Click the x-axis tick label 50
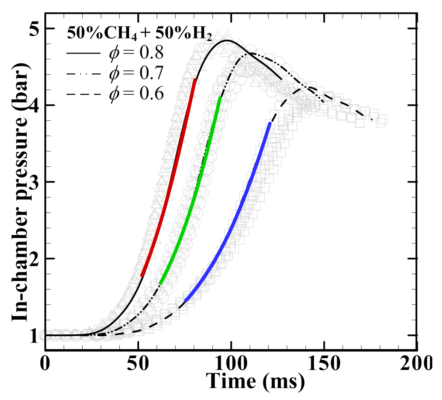(x=138, y=364)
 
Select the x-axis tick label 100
(x=231, y=364)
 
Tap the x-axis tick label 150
(x=324, y=364)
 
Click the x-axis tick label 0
(x=45, y=364)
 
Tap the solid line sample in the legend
(x=83, y=53)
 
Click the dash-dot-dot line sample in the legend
(x=83, y=74)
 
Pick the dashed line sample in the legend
(x=83, y=94)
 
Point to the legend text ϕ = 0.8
(x=136, y=53)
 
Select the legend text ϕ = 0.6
(x=136, y=94)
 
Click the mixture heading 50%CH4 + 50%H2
(x=139, y=33)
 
